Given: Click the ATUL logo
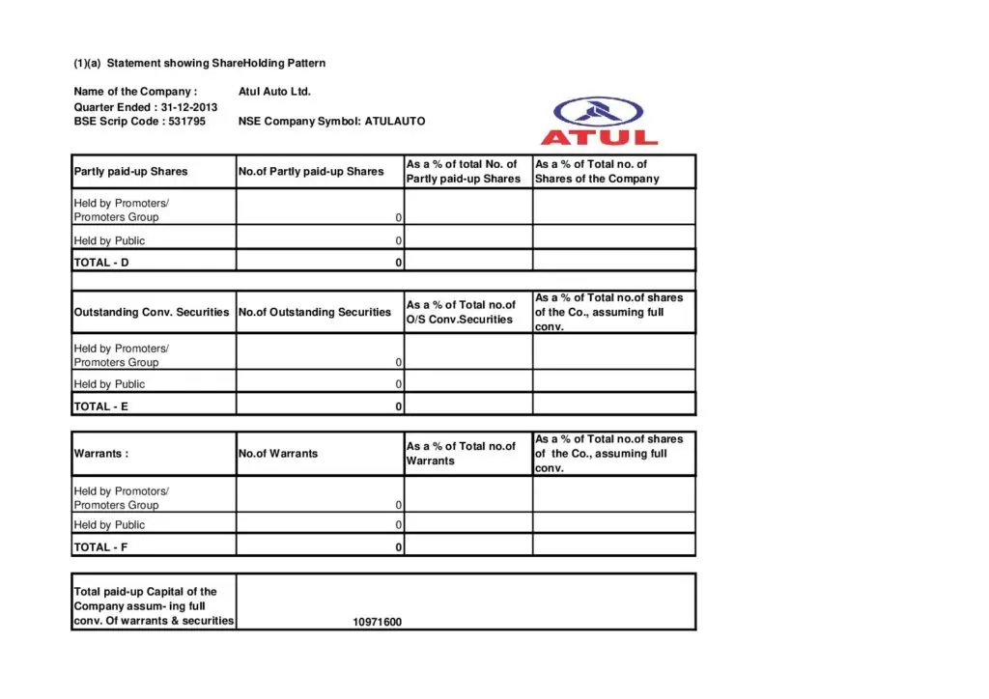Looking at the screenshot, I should tap(599, 122).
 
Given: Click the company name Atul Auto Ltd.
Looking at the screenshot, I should tap(274, 92).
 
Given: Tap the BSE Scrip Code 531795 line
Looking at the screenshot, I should tap(139, 122).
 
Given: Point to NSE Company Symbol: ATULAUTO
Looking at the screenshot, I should tap(331, 122).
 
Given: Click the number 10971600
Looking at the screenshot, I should tap(378, 622).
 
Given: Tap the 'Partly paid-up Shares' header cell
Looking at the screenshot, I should tap(130, 172).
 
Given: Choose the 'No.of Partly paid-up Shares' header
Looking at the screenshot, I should tap(311, 172).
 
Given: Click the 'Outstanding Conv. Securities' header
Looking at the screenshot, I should tap(152, 313).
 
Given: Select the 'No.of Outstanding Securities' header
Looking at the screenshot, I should tap(315, 313).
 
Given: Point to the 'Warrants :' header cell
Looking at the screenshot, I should tap(101, 454).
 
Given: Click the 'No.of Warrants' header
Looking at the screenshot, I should tap(278, 454).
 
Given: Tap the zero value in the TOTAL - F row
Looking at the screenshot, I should tap(399, 547).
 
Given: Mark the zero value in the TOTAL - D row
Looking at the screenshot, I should tap(399, 262).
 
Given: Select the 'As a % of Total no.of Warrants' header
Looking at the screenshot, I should tap(461, 454).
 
